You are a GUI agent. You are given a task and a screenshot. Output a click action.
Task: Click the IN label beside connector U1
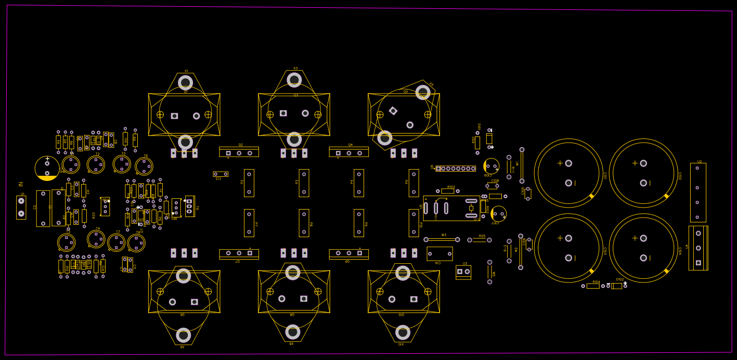click(x=21, y=184)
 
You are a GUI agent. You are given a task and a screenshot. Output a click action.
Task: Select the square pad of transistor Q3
click(x=283, y=113)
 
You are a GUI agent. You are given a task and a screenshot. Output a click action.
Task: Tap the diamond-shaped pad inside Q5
click(x=393, y=111)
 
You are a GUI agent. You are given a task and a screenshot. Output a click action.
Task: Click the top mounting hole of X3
click(x=294, y=80)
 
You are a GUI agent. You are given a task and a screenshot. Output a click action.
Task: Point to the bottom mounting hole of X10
click(x=403, y=332)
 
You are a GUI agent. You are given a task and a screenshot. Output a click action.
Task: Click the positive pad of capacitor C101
click(x=568, y=163)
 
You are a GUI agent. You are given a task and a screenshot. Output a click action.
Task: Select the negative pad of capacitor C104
click(x=643, y=258)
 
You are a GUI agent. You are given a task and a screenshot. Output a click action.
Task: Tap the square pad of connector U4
click(x=698, y=263)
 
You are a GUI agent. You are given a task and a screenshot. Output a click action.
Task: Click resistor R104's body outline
click(x=593, y=286)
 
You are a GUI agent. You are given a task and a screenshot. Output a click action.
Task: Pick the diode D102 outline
click(x=617, y=286)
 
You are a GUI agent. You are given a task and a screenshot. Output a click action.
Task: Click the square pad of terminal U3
click(x=460, y=271)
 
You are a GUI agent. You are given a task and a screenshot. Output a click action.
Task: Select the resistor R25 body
click(x=480, y=240)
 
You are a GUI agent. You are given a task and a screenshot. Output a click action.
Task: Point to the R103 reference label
click(x=451, y=187)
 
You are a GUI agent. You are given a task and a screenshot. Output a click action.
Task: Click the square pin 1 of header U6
click(x=438, y=169)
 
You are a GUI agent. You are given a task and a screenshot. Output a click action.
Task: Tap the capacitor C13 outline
click(x=221, y=174)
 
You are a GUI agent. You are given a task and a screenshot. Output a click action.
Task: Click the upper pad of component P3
click(x=304, y=174)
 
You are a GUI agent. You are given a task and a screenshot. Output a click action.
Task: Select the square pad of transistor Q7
click(x=250, y=253)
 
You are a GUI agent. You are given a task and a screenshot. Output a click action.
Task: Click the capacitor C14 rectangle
click(x=439, y=254)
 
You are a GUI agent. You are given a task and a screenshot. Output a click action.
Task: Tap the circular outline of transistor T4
click(x=96, y=239)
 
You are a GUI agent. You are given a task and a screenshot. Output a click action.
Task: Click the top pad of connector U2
click(x=697, y=168)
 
